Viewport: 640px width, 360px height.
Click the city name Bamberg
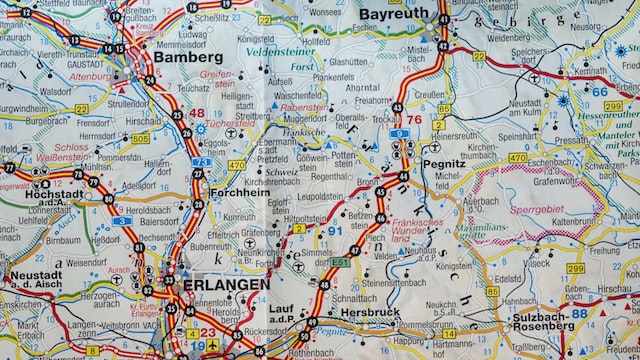pos(188,57)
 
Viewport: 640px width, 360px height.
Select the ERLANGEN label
pos(226,285)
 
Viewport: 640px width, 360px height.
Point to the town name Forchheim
pos(239,193)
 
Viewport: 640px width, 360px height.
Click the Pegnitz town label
pos(443,163)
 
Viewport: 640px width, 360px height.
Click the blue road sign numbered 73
pos(201,161)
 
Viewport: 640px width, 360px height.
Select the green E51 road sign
pos(341,262)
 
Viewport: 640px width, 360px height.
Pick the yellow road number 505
pos(140,138)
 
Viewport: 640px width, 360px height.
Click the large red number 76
pos(413,120)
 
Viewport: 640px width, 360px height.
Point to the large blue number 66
pos(599,91)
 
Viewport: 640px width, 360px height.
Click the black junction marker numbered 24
pos(150,80)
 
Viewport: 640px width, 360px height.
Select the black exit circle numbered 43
pos(398,107)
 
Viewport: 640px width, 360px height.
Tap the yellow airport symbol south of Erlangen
pos(211,344)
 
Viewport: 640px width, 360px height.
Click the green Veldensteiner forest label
pos(281,50)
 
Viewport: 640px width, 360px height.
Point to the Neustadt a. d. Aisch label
pos(36,281)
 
